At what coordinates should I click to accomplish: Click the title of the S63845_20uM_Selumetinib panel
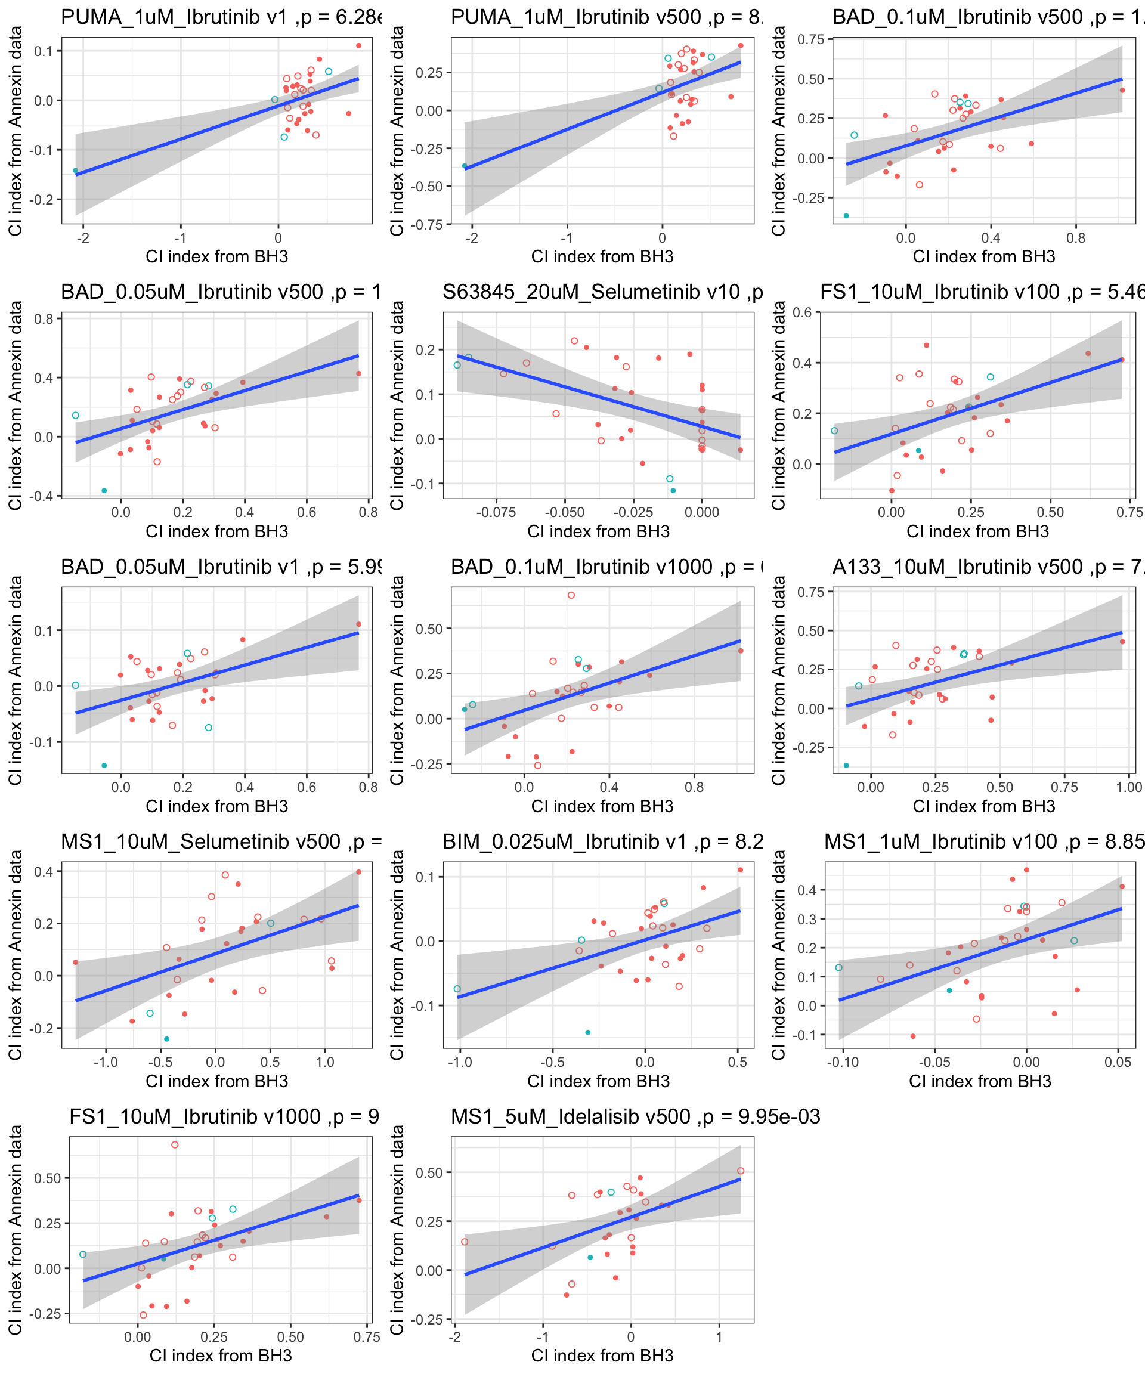(x=602, y=292)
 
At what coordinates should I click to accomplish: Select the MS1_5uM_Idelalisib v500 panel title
(x=635, y=1116)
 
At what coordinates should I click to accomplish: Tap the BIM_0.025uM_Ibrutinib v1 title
(x=602, y=841)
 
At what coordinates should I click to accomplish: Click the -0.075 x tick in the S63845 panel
(x=496, y=512)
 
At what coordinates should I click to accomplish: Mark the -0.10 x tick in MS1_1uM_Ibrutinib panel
(x=843, y=1062)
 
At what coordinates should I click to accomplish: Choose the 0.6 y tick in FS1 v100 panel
(x=802, y=312)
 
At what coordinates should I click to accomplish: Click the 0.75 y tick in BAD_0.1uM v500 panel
(x=810, y=39)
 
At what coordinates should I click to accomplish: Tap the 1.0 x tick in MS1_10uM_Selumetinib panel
(x=325, y=1062)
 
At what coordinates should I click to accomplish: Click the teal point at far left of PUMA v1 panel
(x=75, y=171)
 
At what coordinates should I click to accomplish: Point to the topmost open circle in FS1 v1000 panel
(x=175, y=1145)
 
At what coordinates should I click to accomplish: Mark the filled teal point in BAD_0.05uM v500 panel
(x=104, y=491)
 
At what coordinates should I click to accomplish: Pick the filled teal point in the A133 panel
(x=846, y=766)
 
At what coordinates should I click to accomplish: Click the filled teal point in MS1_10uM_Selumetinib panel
(x=166, y=1039)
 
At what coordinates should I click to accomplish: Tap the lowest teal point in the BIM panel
(x=587, y=1032)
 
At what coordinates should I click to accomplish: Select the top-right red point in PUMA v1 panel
(x=358, y=46)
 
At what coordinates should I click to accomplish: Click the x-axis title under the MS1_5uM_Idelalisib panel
(x=602, y=1356)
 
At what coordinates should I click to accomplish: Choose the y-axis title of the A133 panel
(x=779, y=680)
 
